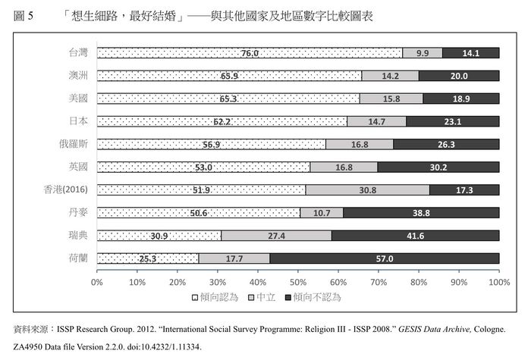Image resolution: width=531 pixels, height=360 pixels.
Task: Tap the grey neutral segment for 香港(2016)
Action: [x=367, y=190]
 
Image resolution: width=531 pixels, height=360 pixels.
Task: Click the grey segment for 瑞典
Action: [x=276, y=236]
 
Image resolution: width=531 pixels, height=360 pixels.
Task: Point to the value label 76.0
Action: [x=250, y=53]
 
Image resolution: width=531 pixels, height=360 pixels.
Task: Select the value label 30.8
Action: [x=367, y=190]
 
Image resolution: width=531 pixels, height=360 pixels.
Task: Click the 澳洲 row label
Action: [x=77, y=76]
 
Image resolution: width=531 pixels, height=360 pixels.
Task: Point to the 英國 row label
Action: [x=77, y=167]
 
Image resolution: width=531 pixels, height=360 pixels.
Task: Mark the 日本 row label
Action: [x=77, y=121]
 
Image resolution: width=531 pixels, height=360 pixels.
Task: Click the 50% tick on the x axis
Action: [x=298, y=282]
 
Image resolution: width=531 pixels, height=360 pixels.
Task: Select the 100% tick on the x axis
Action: [x=498, y=282]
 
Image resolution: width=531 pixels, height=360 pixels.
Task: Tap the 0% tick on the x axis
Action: [x=97, y=282]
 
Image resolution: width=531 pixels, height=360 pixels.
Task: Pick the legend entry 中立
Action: [x=265, y=297]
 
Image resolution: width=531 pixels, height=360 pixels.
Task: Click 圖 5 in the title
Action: [x=24, y=16]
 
